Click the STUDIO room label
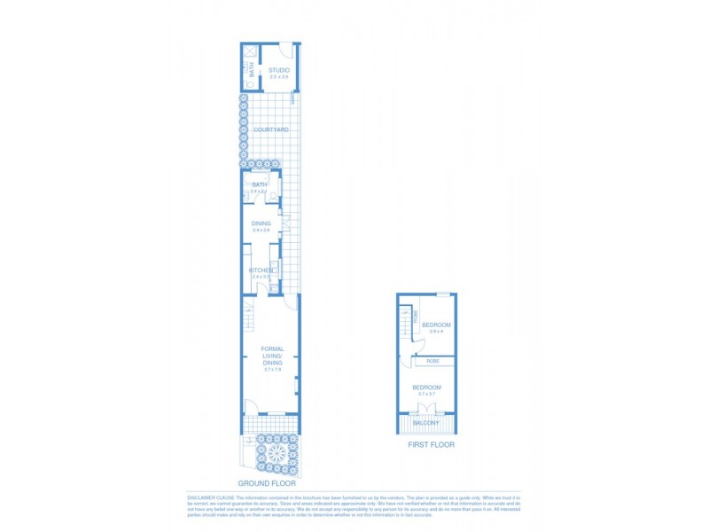279,70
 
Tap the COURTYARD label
271,130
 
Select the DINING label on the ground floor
261,223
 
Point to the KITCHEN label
261,270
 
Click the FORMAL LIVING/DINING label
272,356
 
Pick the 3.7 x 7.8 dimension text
272,370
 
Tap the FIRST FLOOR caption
431,444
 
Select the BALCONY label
426,423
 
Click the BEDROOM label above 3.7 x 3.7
426,387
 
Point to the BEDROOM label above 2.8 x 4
436,325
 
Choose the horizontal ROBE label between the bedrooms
433,361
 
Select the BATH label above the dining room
260,184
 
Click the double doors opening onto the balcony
427,409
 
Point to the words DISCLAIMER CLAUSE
210,497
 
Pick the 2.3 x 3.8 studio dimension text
279,77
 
